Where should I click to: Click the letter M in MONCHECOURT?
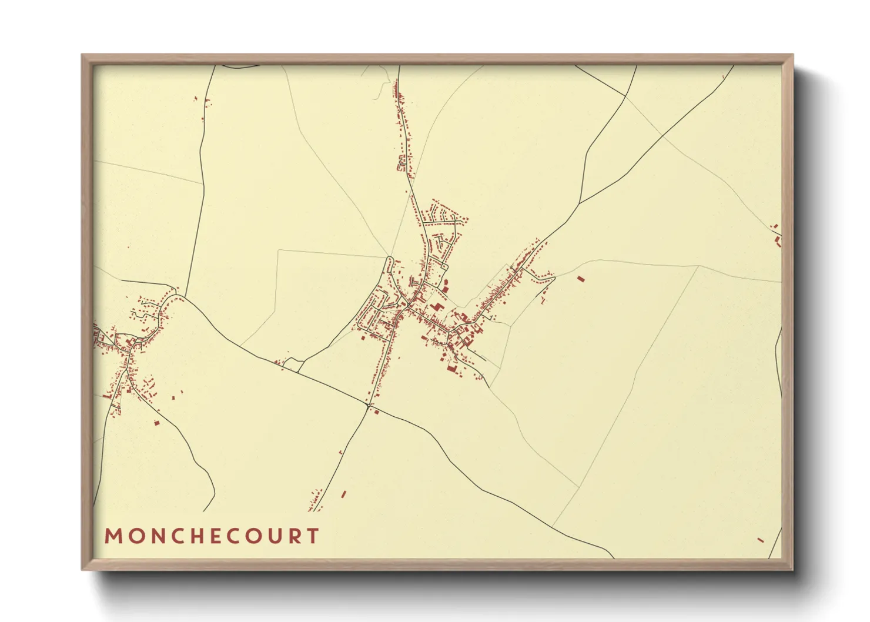[x=112, y=536]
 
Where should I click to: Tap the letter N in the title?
[x=156, y=536]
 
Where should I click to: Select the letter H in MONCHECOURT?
[x=200, y=536]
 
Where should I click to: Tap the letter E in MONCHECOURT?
[x=219, y=536]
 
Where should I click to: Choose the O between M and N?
[x=135, y=536]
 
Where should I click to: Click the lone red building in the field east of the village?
[x=581, y=279]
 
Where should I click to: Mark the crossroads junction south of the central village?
[x=369, y=406]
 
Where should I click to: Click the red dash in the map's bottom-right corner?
[x=761, y=540]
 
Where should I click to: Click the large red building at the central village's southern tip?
[x=451, y=369]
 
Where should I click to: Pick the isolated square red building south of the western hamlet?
[x=156, y=422]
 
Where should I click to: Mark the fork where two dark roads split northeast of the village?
[x=580, y=203]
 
